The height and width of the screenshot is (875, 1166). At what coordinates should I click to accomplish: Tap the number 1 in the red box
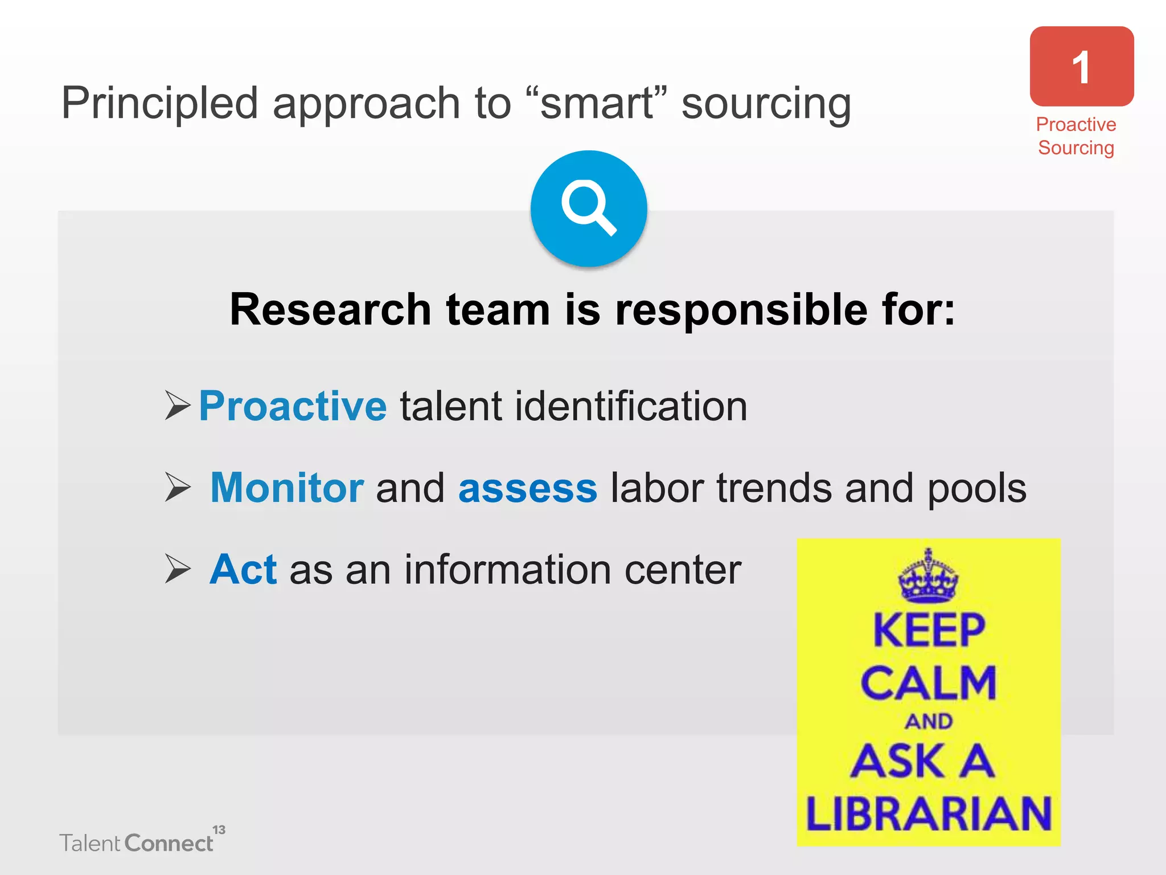[1081, 68]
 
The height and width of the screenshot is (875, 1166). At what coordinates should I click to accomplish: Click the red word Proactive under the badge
[1075, 124]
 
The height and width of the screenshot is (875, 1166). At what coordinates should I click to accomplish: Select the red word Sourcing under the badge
[1075, 148]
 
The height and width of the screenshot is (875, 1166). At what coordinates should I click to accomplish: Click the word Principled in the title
[160, 104]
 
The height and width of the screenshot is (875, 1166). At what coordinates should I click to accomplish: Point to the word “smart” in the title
[597, 103]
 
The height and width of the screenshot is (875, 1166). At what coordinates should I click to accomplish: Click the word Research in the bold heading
[330, 309]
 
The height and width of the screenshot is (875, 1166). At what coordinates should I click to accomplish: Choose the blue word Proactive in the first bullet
[293, 406]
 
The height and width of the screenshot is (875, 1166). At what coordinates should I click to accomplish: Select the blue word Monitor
[287, 488]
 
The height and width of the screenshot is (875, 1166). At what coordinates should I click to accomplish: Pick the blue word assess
[528, 489]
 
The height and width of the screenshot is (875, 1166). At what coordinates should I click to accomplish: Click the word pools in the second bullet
[977, 489]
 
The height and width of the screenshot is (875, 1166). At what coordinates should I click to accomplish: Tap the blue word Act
[243, 569]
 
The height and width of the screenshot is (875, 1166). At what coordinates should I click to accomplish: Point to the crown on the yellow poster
[928, 576]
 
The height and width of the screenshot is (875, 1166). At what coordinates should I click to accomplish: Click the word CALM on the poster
[928, 682]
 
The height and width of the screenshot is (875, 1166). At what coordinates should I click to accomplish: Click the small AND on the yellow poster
[929, 721]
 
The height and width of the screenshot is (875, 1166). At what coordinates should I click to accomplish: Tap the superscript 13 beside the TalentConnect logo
[219, 829]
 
